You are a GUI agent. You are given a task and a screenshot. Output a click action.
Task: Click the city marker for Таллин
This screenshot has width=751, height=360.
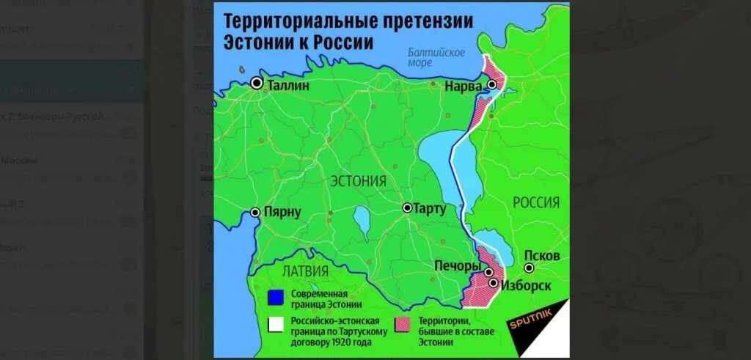[x=257, y=84]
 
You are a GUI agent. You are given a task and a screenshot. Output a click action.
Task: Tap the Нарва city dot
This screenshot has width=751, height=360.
[x=492, y=85]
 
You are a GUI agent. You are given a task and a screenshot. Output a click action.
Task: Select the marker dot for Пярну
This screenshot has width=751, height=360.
[x=255, y=213]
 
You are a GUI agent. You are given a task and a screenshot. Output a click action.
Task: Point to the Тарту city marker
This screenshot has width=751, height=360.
[x=407, y=208]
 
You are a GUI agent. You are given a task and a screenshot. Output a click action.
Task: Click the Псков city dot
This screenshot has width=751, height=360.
[x=528, y=268]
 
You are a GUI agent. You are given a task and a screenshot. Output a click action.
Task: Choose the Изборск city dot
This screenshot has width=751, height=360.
[x=494, y=283]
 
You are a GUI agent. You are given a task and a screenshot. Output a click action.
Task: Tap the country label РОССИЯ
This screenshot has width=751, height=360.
[x=535, y=202]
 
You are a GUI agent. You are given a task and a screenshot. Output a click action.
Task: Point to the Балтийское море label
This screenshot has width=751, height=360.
[x=438, y=57]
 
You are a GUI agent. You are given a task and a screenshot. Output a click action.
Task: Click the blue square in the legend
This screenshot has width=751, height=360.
[x=276, y=298]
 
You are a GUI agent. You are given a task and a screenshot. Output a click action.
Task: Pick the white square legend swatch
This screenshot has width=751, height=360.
[x=276, y=324]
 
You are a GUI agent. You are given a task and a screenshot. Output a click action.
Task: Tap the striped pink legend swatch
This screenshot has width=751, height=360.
[x=403, y=324]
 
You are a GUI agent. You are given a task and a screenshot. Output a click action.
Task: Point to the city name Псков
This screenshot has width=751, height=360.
[x=542, y=255]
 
